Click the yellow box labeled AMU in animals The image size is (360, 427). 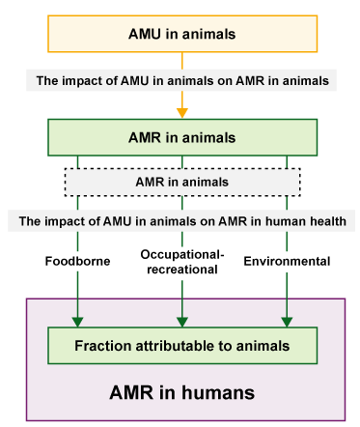tap(181, 34)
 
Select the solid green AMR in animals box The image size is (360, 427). tap(181, 137)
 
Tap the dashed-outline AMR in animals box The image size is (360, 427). tap(181, 181)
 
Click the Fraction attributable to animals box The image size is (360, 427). tap(181, 346)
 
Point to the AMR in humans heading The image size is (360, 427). tap(181, 393)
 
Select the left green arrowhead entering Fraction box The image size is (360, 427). tap(77, 321)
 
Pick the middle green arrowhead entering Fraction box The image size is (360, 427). tap(181, 321)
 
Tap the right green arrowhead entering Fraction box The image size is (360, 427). tap(287, 321)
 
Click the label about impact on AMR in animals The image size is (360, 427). tap(185, 81)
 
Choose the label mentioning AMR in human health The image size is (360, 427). tap(181, 220)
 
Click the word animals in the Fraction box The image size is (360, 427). tap(260, 346)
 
